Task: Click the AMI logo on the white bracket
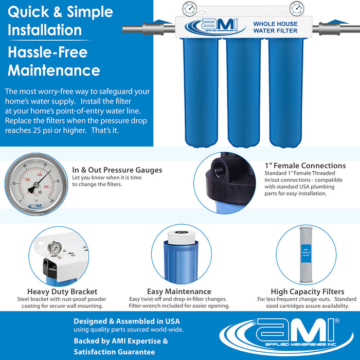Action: (x=211, y=26)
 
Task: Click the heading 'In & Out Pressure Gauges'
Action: (x=117, y=170)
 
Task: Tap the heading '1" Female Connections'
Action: (x=305, y=166)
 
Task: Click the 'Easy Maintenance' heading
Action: (x=179, y=291)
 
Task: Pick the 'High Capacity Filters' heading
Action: (x=307, y=291)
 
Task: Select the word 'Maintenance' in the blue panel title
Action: (x=53, y=69)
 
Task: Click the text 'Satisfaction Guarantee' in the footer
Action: (x=114, y=352)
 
